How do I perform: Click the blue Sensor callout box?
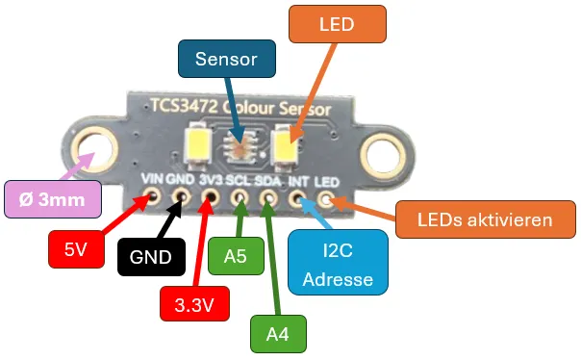click(x=226, y=59)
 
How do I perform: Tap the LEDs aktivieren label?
click(x=485, y=219)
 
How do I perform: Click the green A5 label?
click(x=236, y=257)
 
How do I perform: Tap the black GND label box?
click(x=151, y=257)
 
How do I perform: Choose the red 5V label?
click(x=74, y=249)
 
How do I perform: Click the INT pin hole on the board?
click(x=298, y=200)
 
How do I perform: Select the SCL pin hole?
click(x=240, y=200)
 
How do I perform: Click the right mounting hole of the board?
click(x=383, y=151)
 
